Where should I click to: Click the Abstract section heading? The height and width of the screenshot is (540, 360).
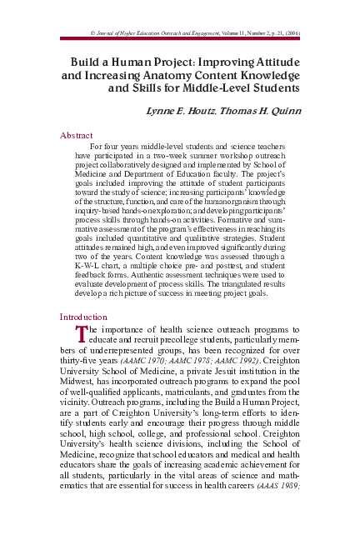pos(77,134)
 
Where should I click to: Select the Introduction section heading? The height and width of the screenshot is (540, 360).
pos(83,317)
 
